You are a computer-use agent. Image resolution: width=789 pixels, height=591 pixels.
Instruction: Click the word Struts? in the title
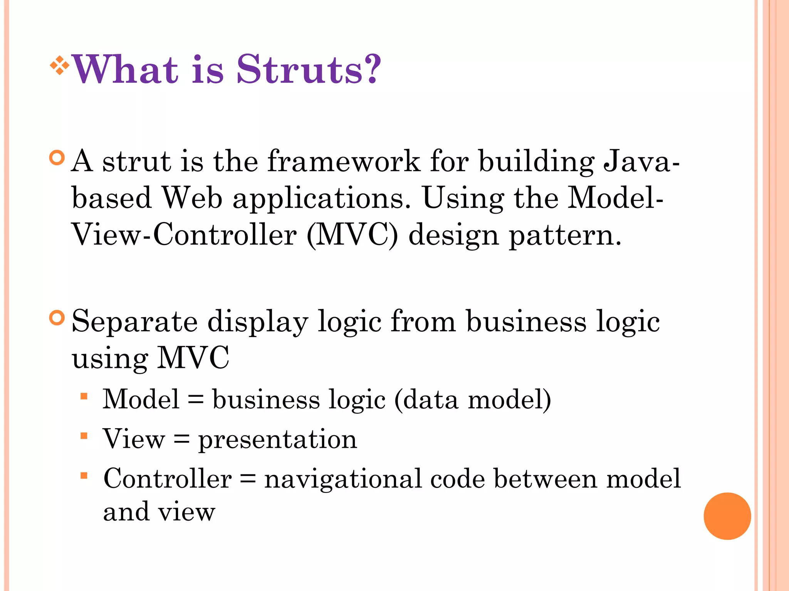[x=308, y=69]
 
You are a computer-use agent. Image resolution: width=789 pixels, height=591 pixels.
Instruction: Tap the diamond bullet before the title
[x=59, y=65]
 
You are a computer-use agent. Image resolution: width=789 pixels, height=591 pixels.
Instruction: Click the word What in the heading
[x=126, y=69]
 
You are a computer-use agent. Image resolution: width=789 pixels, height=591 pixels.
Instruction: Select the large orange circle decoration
[x=727, y=516]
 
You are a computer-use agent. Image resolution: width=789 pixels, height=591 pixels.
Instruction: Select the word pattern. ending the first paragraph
[x=565, y=235]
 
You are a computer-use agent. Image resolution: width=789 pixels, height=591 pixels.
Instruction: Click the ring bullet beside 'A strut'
[x=57, y=158]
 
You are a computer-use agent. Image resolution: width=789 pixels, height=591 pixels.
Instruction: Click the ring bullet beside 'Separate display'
[x=57, y=318]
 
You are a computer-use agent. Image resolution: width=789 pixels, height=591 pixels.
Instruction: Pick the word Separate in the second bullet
[x=134, y=322]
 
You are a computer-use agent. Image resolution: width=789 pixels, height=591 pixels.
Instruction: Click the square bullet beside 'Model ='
[x=84, y=396]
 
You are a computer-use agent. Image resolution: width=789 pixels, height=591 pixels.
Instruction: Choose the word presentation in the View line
[x=277, y=439]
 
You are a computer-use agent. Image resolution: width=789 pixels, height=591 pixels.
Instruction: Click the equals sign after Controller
[x=248, y=479]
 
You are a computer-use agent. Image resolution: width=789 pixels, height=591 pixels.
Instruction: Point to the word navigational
[x=343, y=479]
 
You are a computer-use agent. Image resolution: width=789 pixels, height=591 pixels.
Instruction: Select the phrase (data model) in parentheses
[x=473, y=399]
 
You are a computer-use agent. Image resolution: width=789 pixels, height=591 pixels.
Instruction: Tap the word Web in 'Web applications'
[x=192, y=198]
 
